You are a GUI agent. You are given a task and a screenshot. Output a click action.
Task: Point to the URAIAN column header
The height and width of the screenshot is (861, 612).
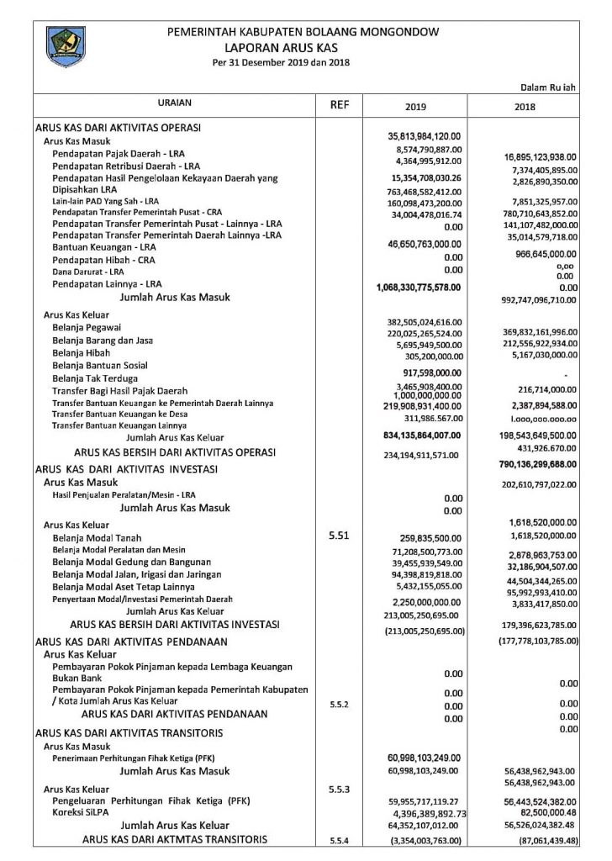[174, 103]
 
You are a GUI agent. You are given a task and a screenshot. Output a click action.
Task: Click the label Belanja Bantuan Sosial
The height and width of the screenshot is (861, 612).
[100, 366]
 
